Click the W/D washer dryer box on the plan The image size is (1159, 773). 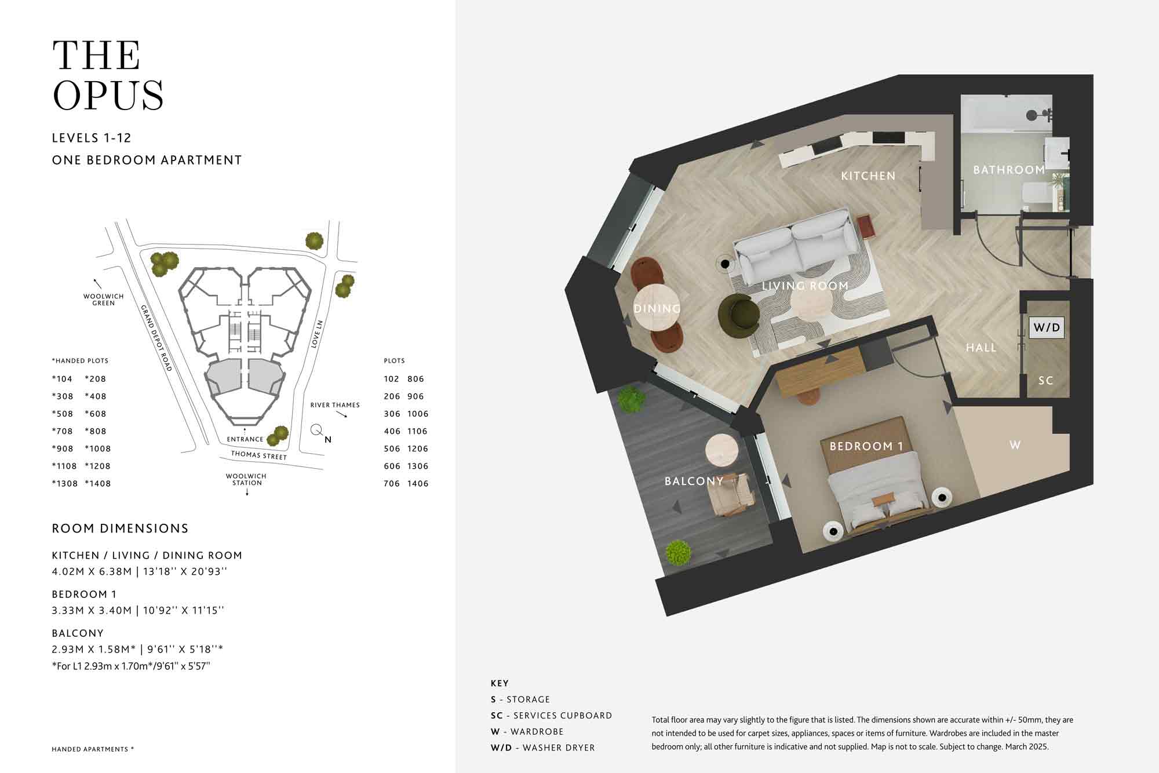tap(1047, 327)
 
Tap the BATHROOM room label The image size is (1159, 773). tap(1009, 170)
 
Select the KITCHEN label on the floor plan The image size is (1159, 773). tap(868, 176)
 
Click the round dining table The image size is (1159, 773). tap(657, 307)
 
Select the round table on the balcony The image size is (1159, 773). tap(721, 450)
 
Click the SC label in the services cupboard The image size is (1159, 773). tap(1046, 381)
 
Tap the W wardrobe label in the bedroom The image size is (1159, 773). tap(1015, 445)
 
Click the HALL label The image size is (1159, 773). tap(981, 348)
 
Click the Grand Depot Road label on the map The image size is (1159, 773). tap(156, 338)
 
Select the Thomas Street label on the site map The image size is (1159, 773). tap(259, 455)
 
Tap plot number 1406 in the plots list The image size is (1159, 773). tap(418, 483)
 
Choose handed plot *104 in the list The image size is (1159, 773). tap(62, 379)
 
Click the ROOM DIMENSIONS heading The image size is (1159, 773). tap(120, 528)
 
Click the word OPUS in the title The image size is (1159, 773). tap(108, 95)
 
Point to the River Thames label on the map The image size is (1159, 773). tap(335, 405)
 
